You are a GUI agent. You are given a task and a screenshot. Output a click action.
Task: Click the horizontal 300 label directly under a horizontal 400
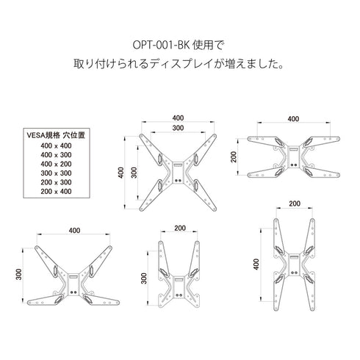tap(178, 128)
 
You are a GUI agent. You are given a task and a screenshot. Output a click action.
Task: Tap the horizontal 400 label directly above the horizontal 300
tap(178, 118)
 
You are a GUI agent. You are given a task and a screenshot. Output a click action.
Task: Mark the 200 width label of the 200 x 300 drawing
tap(179, 229)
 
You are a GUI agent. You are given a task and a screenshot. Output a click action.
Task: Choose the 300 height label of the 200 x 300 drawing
tap(145, 280)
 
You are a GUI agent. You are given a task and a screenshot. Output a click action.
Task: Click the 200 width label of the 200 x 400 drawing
tap(295, 204)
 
